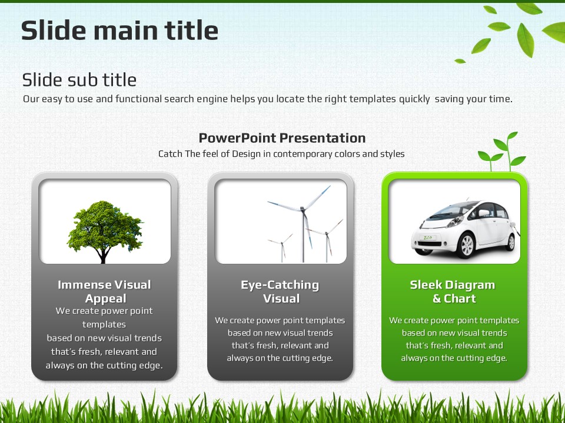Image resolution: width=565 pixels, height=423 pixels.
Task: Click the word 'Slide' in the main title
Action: (52, 30)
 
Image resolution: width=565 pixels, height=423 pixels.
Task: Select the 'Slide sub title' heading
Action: (79, 80)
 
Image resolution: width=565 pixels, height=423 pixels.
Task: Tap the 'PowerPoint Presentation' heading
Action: (282, 138)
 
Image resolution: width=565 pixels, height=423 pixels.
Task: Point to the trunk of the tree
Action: (103, 256)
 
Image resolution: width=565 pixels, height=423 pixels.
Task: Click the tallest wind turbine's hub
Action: (303, 209)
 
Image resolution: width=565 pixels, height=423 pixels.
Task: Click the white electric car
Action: (465, 229)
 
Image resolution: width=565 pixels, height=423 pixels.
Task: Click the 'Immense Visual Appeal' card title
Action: (105, 291)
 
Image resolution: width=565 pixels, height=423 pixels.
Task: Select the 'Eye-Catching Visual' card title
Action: (280, 291)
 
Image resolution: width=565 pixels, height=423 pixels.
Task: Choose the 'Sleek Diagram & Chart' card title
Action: (453, 291)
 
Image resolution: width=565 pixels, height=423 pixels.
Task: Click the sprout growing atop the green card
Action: (502, 152)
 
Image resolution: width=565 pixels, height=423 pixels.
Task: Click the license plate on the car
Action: (427, 237)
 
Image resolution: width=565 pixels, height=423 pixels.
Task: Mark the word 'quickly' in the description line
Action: (414, 99)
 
